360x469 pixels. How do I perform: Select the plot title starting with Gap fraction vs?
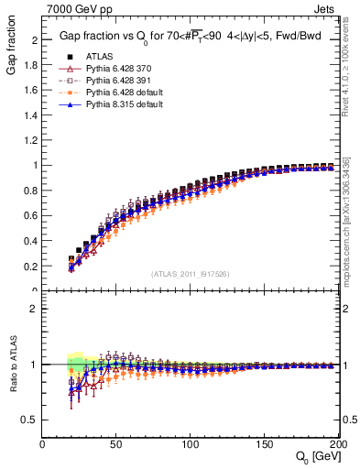click(188, 35)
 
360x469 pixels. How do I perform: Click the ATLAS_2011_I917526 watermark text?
click(189, 274)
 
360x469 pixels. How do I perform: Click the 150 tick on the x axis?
click(264, 444)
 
